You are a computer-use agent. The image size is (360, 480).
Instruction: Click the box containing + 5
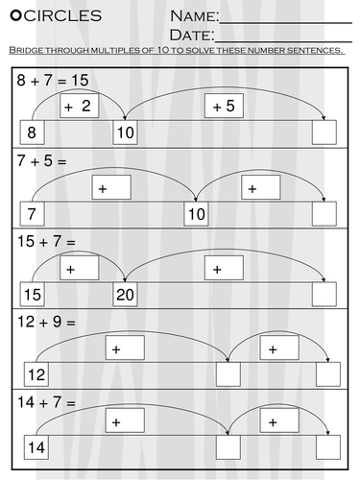point(223,106)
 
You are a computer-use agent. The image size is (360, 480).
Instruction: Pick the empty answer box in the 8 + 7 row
point(327,132)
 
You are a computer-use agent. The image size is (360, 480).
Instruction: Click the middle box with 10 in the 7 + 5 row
point(197,213)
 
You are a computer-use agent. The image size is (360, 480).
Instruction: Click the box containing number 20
point(127,294)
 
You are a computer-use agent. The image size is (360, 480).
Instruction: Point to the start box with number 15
point(34,294)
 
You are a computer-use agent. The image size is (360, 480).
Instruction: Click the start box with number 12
point(35,373)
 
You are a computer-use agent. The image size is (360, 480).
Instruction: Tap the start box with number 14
point(36,446)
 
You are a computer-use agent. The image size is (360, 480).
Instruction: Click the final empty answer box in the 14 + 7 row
point(328,446)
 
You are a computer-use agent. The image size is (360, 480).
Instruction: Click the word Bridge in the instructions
point(26,50)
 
